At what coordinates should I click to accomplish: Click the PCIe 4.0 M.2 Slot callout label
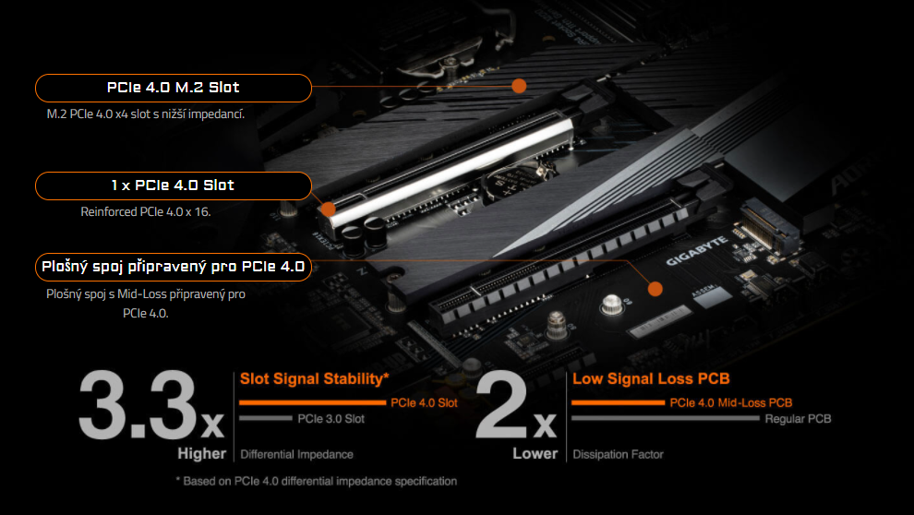tap(173, 88)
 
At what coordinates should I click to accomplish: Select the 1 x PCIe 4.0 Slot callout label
tap(173, 186)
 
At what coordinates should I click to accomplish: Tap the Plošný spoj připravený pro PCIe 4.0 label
tap(173, 268)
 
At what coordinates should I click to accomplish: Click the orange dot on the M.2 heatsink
tap(519, 86)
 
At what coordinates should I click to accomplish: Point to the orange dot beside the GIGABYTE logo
tap(655, 289)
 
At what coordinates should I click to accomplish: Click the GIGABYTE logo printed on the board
tap(698, 250)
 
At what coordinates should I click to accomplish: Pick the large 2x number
tap(516, 407)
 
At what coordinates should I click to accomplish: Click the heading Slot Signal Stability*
tap(314, 378)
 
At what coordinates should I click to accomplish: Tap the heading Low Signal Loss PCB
tap(651, 378)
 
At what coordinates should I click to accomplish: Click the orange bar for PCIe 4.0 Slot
tap(312, 402)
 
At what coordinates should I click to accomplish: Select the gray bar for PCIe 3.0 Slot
tap(266, 418)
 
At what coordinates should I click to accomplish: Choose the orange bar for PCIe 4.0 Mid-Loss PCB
tap(617, 402)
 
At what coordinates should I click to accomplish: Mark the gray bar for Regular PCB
tap(665, 418)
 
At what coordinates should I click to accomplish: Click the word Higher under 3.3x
tap(201, 453)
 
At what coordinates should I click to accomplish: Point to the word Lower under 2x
tap(535, 453)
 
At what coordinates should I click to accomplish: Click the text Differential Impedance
tap(296, 454)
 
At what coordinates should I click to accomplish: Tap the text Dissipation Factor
tap(618, 454)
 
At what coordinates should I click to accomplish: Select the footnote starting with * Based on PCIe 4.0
tap(316, 481)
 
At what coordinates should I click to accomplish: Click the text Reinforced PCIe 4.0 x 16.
tap(146, 211)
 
